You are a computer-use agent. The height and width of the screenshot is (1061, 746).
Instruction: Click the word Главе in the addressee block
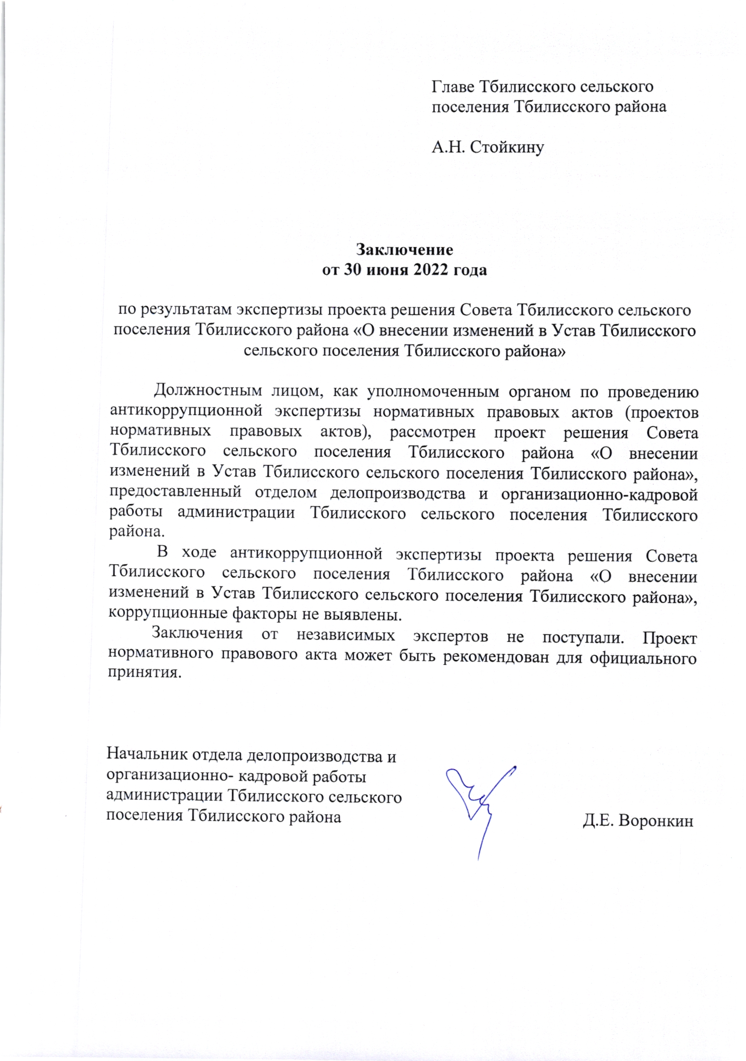tap(452, 87)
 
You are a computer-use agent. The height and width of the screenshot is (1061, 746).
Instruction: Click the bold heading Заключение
tap(404, 250)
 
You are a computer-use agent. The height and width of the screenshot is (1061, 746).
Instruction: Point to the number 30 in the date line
tap(352, 270)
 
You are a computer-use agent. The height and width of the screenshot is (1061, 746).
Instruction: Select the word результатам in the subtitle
tap(188, 310)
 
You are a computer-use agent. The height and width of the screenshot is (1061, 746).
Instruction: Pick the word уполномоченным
tap(433, 392)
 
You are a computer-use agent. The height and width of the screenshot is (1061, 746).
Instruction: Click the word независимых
tap(346, 635)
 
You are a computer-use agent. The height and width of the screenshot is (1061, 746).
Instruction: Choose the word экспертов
tap(450, 636)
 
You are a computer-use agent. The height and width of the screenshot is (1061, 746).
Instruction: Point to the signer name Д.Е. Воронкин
tap(638, 821)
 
